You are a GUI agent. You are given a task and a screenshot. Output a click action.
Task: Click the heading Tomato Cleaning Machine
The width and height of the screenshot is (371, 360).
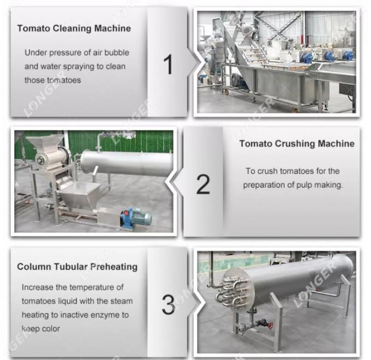coord(74,28)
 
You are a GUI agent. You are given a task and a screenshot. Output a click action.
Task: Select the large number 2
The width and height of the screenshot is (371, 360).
coord(203,184)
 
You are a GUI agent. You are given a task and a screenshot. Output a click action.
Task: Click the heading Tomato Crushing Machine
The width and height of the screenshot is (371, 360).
coord(296,144)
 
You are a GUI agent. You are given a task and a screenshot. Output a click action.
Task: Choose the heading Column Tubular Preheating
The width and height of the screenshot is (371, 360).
coord(77,267)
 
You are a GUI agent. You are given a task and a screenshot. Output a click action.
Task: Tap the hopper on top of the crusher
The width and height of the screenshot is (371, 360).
coord(47,144)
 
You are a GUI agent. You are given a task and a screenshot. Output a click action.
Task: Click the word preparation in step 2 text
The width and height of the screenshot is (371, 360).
coord(266,185)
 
